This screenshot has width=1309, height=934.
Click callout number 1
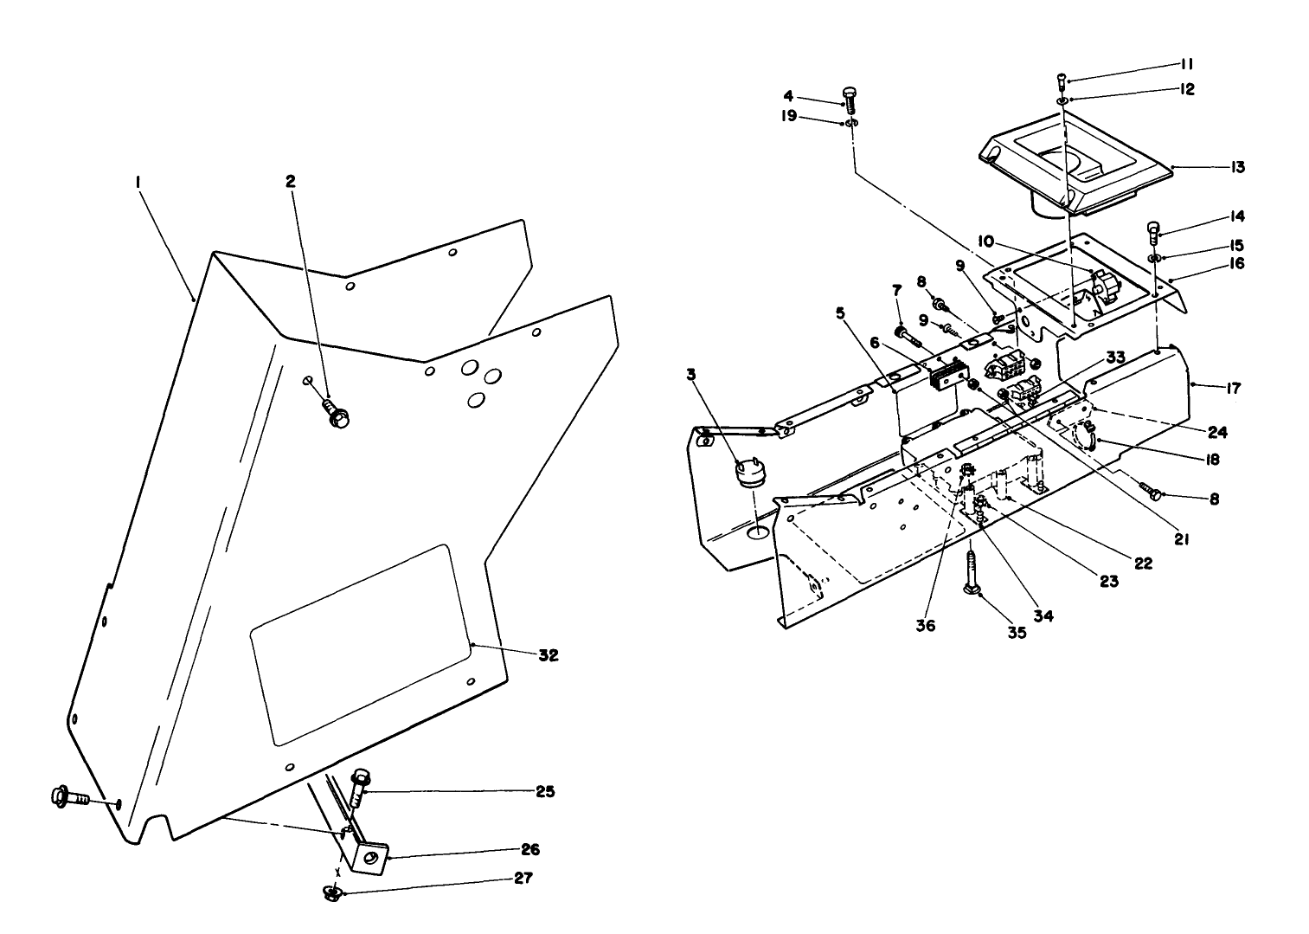click(x=137, y=183)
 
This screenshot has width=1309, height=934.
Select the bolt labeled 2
click(x=336, y=412)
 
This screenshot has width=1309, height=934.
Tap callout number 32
click(x=547, y=655)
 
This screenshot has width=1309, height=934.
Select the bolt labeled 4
click(x=849, y=100)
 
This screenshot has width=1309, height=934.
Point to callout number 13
click(x=1237, y=167)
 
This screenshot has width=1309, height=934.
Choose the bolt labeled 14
click(x=1154, y=232)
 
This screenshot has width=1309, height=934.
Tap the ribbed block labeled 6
click(x=946, y=374)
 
